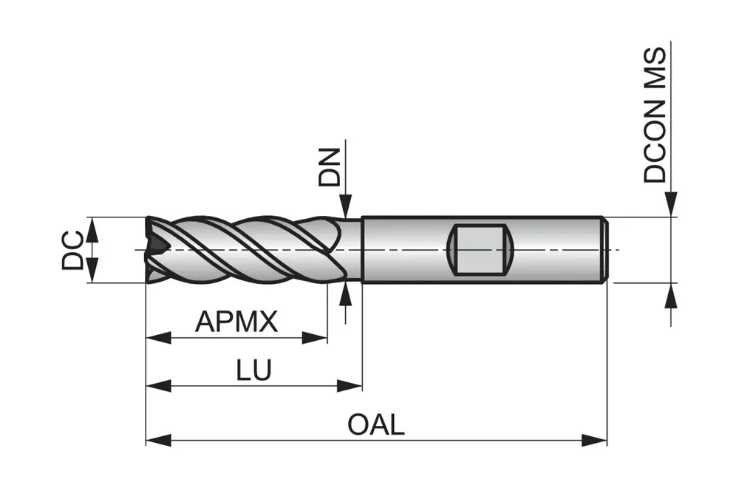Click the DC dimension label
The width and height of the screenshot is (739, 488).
[x=72, y=250]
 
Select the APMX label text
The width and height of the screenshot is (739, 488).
[x=236, y=322]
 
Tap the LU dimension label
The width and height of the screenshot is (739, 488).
[x=254, y=370]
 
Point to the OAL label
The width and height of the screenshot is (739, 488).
[x=376, y=425]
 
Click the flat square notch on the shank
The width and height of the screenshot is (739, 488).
[x=481, y=249]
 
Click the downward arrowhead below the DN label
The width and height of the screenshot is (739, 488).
[x=345, y=206]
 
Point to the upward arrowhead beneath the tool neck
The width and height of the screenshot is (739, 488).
[x=345, y=293]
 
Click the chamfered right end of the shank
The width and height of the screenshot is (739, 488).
[x=604, y=249]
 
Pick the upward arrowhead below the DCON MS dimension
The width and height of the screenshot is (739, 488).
[x=671, y=295]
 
